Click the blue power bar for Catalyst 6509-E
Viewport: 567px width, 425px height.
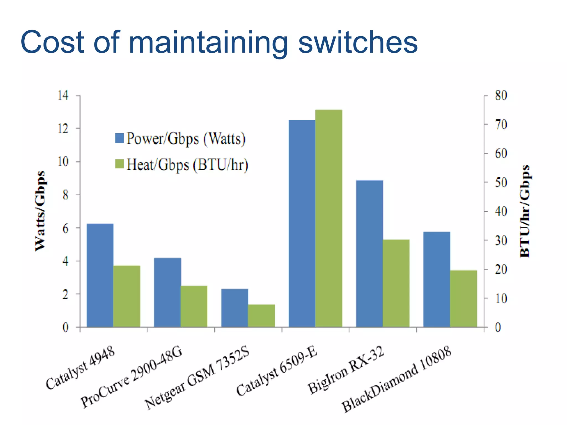[x=302, y=224]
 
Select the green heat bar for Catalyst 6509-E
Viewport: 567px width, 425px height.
[x=329, y=218]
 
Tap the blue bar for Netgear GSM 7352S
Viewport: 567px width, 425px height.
[x=235, y=308]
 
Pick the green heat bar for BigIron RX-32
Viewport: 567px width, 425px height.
[x=396, y=283]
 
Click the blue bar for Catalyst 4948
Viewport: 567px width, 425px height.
[x=100, y=275]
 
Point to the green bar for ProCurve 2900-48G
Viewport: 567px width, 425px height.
[x=194, y=306]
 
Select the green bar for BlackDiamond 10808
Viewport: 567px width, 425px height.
[x=464, y=299]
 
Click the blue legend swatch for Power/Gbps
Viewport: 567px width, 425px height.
[x=120, y=138]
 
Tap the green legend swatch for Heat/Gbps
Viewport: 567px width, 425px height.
[x=120, y=164]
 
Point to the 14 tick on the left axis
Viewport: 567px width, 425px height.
[x=63, y=95]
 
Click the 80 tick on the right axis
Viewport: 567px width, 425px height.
[x=501, y=95]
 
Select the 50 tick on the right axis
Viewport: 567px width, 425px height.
[x=501, y=182]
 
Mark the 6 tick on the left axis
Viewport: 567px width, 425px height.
[x=65, y=228]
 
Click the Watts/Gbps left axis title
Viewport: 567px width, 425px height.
[x=40, y=211]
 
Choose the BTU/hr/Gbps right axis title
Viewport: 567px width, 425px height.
[x=525, y=211]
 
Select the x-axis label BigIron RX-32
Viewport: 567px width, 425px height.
[x=346, y=370]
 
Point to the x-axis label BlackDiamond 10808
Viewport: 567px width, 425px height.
[x=397, y=379]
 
